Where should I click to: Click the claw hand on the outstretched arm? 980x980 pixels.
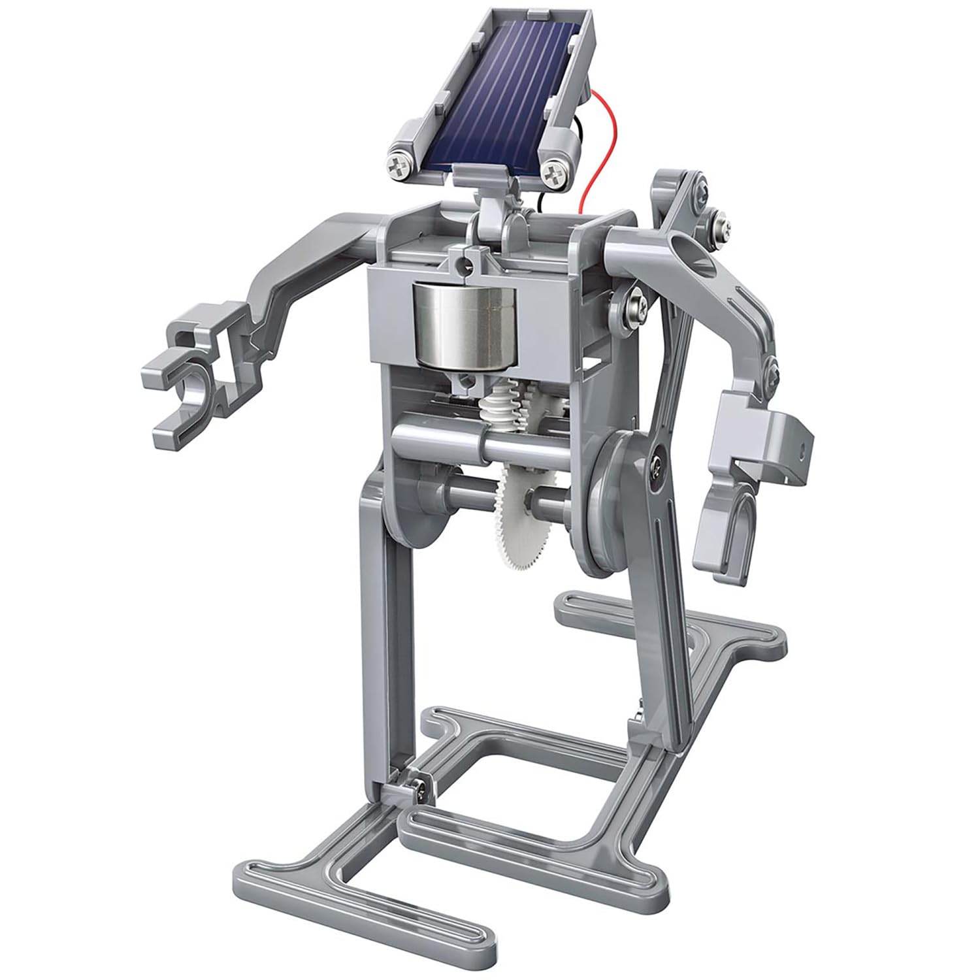tap(189, 379)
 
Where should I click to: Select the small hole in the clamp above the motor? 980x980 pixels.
tap(465, 263)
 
